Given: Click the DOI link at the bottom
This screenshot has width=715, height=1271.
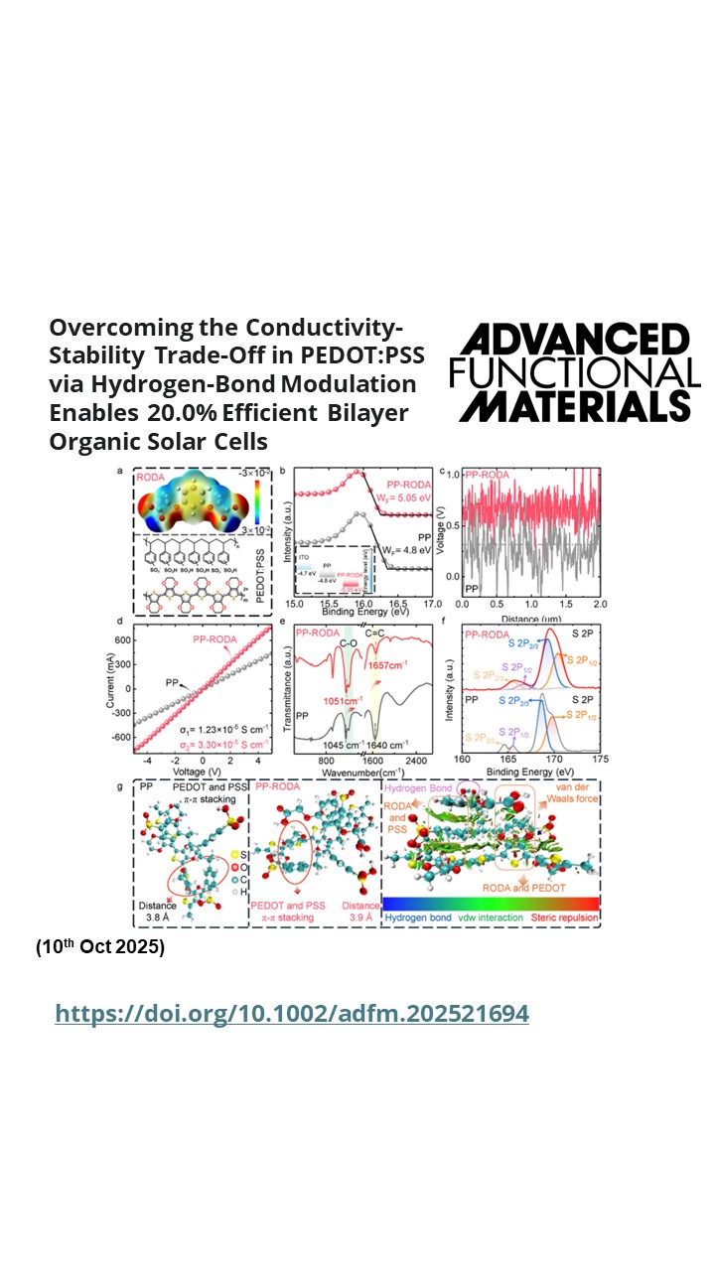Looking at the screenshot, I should click(292, 1013).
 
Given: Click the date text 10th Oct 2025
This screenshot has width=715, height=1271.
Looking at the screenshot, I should click(100, 946).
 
